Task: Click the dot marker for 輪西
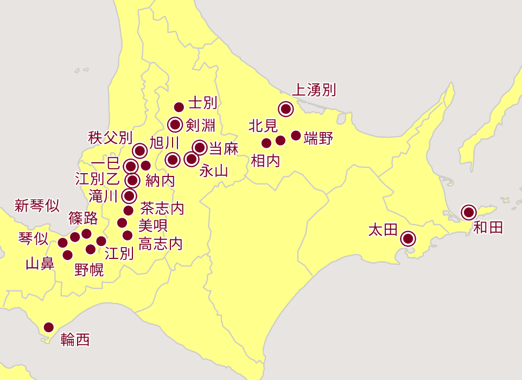49,327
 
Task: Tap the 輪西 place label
75,340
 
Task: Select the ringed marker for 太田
408,238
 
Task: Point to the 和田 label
488,227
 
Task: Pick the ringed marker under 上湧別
285,109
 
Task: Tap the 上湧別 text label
314,90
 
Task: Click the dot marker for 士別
179,107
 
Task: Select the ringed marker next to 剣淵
175,125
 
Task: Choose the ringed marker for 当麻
200,147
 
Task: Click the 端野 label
318,138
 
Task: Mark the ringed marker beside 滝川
129,196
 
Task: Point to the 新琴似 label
37,205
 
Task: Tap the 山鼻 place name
40,264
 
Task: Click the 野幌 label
89,270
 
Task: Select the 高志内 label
161,244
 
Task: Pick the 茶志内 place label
162,208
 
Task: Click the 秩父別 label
110,137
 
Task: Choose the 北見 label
263,126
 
